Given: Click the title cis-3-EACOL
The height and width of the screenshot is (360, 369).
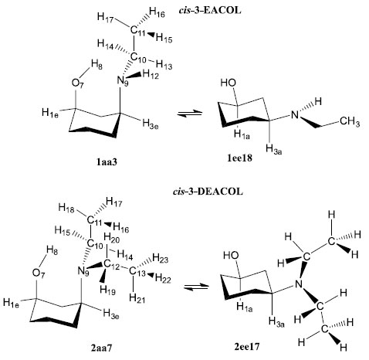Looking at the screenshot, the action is coord(210,11).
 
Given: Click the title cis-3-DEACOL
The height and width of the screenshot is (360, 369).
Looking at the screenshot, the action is coord(208,192).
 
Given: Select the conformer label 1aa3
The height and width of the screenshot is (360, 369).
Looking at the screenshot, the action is coord(107,161).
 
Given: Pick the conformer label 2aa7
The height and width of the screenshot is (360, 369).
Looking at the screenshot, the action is coord(101,348).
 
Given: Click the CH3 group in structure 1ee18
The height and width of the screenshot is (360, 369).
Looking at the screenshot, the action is coord(350,121).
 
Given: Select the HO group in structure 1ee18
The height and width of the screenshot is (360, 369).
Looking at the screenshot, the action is coord(228,83).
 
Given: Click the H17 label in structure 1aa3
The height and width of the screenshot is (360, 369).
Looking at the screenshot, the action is coord(105,18).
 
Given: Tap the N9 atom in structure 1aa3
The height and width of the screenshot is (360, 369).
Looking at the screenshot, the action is coord(123,81).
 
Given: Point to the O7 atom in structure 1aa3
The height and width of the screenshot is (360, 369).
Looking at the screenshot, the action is coord(77,84).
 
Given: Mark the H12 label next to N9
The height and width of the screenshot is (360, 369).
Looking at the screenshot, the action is coord(151,75).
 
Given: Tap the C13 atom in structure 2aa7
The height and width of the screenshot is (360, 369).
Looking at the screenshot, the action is coord(137,272).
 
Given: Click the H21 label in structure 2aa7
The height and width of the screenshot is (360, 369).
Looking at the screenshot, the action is coord(137,298).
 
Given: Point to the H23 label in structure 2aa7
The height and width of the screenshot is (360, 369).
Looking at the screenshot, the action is coord(161,258).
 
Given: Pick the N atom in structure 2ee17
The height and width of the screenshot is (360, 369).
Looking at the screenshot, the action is coord(298,284).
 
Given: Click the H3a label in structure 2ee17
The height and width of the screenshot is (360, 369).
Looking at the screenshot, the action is coord(276,322).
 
